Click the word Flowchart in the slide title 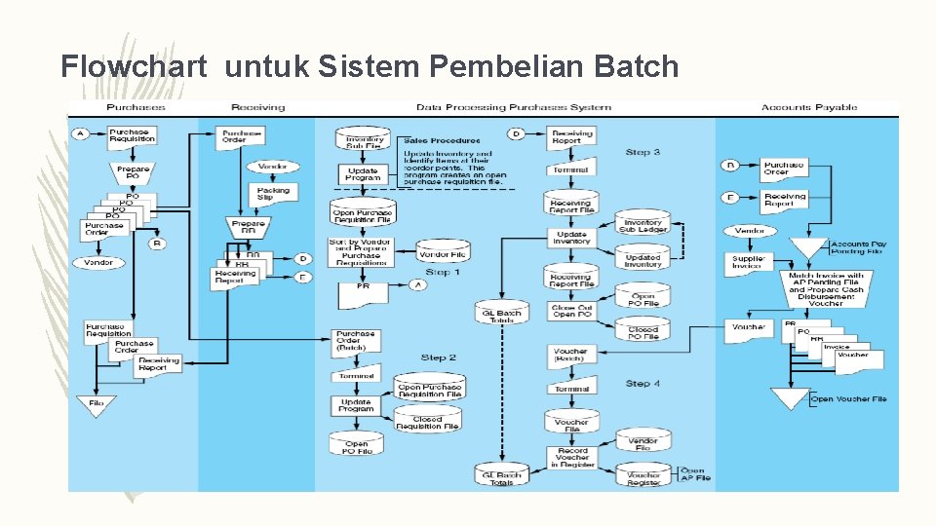134,66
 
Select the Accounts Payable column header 808,107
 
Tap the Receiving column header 257,107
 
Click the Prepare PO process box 133,173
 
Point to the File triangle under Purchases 96,404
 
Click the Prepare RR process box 248,228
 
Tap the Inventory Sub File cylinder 364,142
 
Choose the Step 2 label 439,357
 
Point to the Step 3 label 643,153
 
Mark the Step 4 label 643,384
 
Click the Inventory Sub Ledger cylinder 643,226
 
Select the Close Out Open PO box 570,312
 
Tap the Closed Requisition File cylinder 427,423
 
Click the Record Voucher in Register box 571,457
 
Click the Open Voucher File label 848,399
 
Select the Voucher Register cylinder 643,477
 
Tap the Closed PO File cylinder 643,333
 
